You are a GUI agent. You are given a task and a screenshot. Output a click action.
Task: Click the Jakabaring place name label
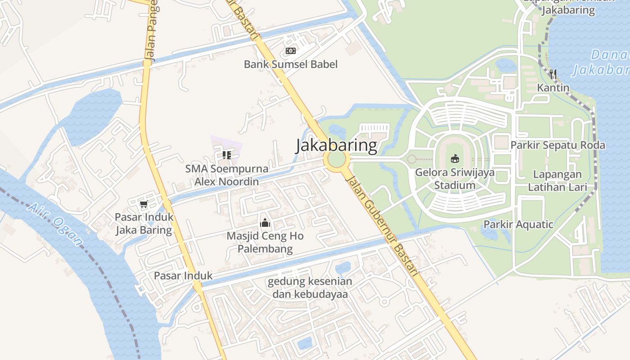336,145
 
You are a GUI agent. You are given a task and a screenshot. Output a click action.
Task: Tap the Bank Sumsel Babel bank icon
291,51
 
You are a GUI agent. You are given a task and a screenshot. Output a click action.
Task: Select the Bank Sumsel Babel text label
291,64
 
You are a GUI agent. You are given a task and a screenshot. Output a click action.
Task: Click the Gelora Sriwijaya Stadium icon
455,158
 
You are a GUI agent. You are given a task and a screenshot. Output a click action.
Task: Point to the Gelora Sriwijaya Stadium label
454,179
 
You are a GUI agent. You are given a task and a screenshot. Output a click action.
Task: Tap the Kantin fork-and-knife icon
553,74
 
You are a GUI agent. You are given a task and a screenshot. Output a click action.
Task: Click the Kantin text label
553,88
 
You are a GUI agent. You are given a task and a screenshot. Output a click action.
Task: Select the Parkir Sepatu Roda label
558,145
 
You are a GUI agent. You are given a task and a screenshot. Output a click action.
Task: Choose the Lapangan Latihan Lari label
558,180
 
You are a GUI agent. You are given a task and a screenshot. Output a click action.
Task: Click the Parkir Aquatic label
518,224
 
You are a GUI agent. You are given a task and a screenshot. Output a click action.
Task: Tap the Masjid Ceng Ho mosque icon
265,222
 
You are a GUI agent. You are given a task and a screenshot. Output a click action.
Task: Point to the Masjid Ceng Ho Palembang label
265,242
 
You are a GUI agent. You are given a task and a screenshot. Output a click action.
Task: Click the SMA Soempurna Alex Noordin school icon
227,155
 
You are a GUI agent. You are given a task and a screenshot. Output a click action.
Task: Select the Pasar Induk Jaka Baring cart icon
144,204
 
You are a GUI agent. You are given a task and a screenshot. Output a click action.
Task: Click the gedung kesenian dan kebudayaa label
310,288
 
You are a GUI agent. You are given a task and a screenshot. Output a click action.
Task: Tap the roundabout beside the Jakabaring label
337,159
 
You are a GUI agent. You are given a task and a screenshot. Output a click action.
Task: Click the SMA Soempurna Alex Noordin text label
227,175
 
